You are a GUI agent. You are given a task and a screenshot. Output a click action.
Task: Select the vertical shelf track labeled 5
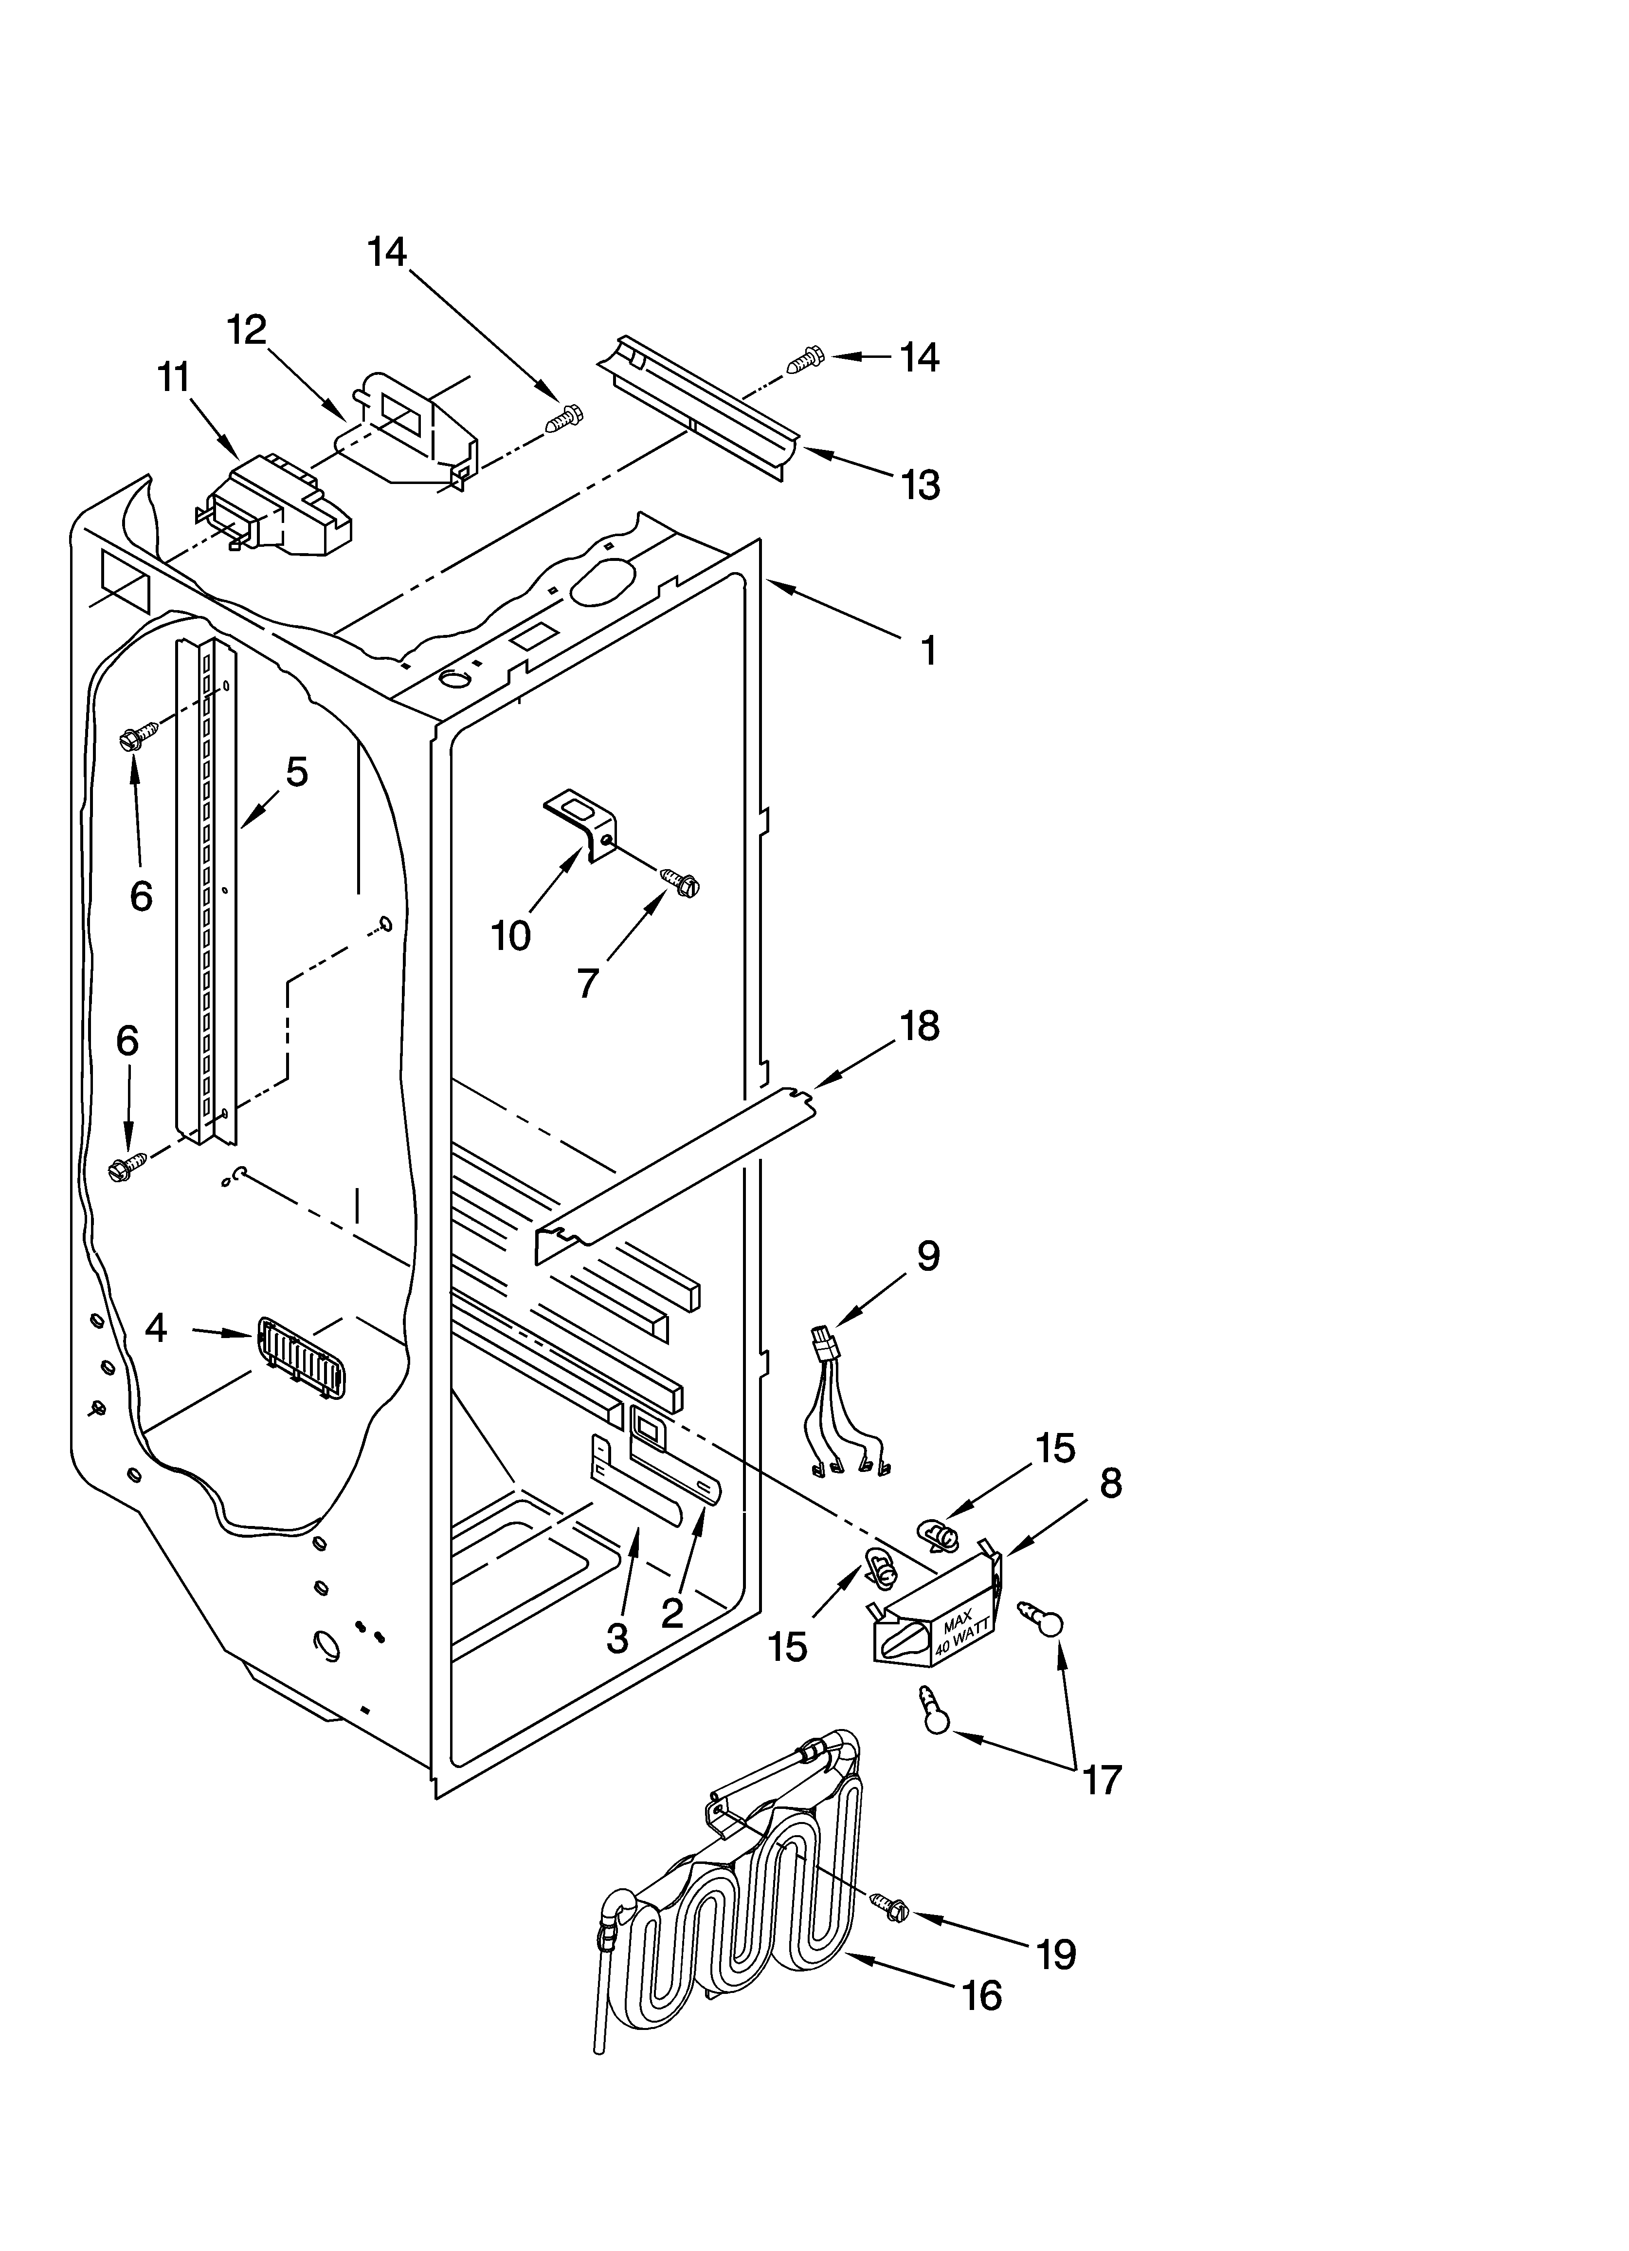[x=206, y=893]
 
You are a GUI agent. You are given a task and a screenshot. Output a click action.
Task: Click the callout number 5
[x=297, y=771]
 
